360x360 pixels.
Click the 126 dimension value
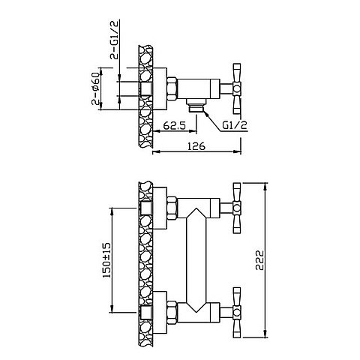point(196,146)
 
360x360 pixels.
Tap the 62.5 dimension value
point(175,125)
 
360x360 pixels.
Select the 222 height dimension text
point(259,260)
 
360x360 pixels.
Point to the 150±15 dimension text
point(106,260)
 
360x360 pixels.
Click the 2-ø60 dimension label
point(95,88)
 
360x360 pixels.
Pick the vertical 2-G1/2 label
point(115,39)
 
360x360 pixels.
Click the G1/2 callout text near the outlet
point(235,125)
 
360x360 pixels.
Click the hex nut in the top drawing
point(172,88)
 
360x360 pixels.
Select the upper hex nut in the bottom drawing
point(172,208)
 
